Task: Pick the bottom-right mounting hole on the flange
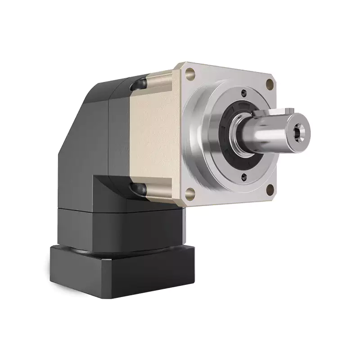(270, 189)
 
